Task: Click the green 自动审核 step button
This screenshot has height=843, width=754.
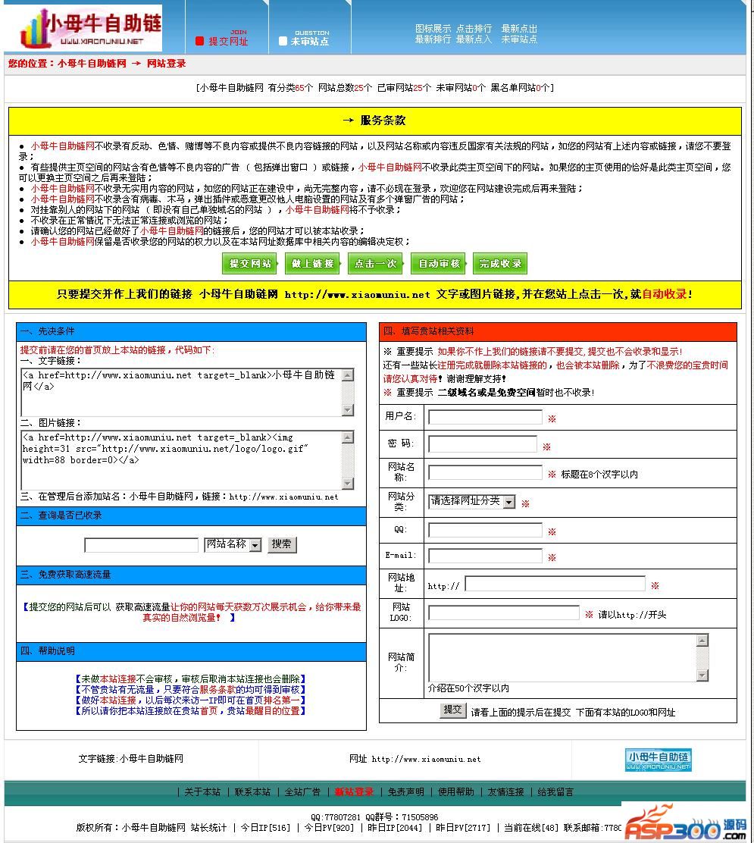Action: tap(439, 264)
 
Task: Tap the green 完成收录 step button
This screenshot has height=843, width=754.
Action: tap(500, 264)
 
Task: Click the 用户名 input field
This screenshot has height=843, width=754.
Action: tap(485, 417)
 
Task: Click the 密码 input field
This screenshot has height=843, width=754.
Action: tap(482, 444)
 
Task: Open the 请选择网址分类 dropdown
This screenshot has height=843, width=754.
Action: tap(472, 502)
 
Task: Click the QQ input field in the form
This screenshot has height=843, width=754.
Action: tap(485, 530)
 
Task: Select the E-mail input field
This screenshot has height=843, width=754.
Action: tap(485, 556)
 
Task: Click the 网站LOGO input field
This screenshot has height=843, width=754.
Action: tap(503, 613)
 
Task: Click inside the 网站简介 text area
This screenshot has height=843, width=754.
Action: tap(562, 657)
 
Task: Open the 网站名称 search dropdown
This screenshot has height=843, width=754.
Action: tap(233, 544)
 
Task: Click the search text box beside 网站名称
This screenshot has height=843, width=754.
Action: tap(141, 544)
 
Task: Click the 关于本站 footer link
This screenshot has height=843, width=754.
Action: tap(202, 791)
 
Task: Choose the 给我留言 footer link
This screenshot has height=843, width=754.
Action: tap(555, 791)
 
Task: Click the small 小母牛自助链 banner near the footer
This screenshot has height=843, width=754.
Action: tap(658, 760)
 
